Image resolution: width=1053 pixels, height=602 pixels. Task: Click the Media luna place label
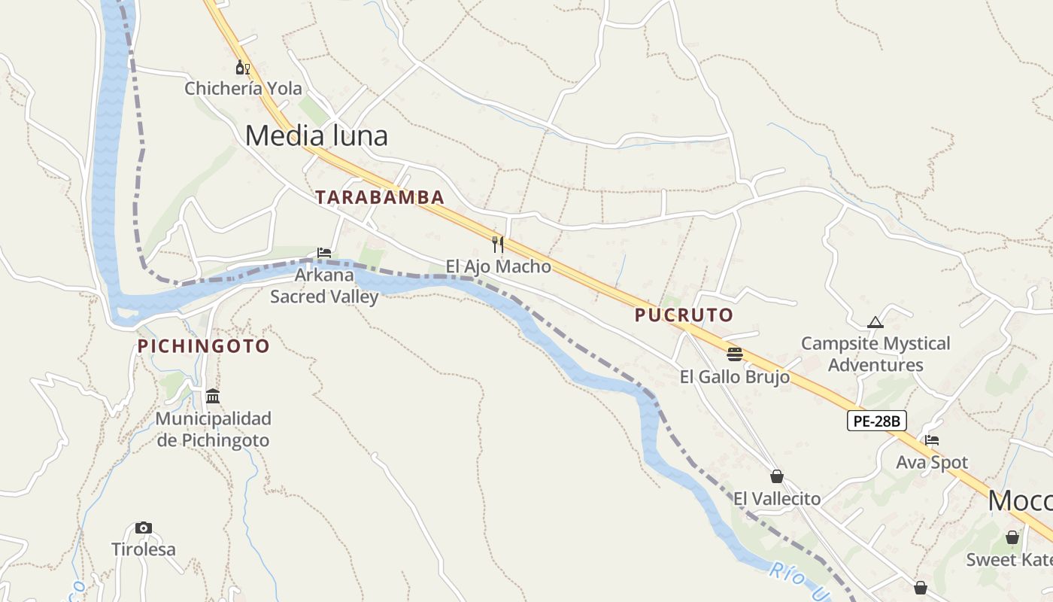pos(317,135)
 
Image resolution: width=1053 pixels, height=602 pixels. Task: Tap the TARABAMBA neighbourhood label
pos(380,197)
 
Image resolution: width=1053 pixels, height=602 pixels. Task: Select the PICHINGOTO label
pos(203,346)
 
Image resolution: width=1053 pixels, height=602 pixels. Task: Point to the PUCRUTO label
pos(684,315)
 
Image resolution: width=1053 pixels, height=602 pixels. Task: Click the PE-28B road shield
pos(877,421)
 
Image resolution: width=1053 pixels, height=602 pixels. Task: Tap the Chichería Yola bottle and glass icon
pos(243,68)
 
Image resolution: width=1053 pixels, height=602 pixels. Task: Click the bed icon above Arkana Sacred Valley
pos(324,253)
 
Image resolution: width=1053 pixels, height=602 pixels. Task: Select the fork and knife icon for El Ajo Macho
pos(497,244)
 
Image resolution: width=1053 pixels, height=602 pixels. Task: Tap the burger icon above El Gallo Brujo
pos(735,354)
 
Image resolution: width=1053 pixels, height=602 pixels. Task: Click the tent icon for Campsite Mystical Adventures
pos(875,322)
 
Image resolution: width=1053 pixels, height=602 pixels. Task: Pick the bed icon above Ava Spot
pos(932,440)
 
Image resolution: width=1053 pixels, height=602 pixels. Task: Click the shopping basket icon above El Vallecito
pos(777,476)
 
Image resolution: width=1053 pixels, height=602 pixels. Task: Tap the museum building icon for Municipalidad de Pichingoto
pos(213,396)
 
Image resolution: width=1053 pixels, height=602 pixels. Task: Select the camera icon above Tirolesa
pos(144,528)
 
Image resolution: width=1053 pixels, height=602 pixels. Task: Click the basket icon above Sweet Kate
pos(1012,537)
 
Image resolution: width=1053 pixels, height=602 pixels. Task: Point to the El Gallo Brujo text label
pos(735,377)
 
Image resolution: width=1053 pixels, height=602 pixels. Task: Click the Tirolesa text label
pos(144,549)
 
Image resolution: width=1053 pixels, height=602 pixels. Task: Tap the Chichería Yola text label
pos(234,89)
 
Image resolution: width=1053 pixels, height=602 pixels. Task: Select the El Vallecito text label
pos(777,498)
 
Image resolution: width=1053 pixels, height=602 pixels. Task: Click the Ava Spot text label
pos(932,462)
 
